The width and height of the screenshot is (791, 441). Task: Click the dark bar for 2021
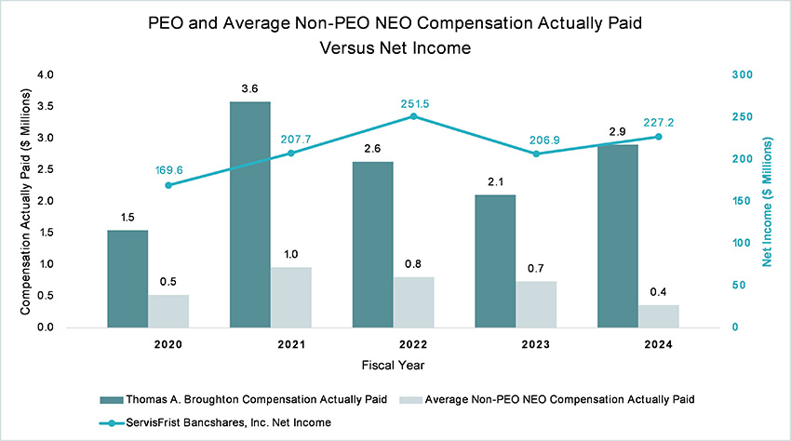[250, 215]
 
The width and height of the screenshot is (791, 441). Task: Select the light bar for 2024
[658, 316]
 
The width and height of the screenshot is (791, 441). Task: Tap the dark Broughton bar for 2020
[127, 279]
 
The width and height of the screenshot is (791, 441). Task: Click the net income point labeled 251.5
[414, 116]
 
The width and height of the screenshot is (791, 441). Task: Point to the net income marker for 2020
[168, 185]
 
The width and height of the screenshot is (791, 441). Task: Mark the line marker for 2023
[536, 154]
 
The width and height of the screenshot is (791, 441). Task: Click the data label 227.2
[657, 121]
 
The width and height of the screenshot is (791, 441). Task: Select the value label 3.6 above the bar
[250, 89]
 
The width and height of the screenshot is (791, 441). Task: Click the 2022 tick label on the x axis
[414, 345]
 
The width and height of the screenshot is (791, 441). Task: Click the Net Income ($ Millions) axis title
[768, 201]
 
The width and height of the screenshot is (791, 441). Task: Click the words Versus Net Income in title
[395, 44]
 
